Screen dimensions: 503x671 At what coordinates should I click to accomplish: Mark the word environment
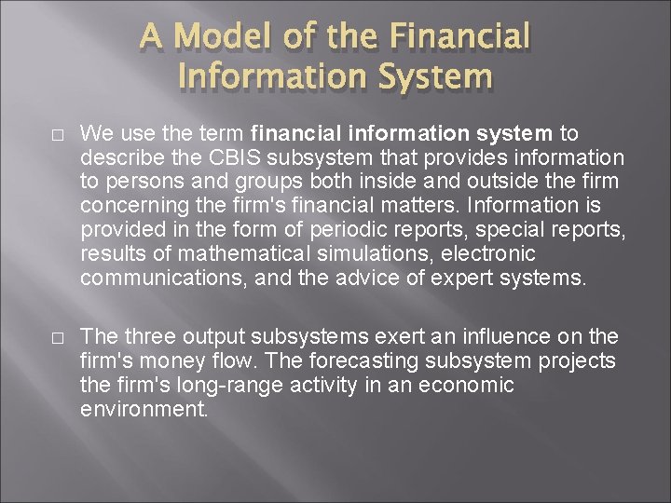click(144, 409)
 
